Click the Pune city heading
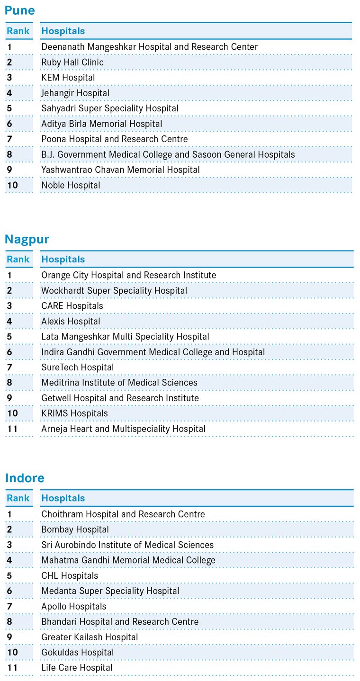click(x=19, y=10)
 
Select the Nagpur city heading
click(x=27, y=239)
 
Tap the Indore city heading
click(x=25, y=478)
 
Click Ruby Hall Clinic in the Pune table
click(x=72, y=63)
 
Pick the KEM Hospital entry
click(x=68, y=78)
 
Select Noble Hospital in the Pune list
click(x=71, y=185)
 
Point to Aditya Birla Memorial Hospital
click(x=101, y=124)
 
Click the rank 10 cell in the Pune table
click(x=12, y=185)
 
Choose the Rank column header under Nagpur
click(x=18, y=260)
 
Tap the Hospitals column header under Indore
click(x=63, y=498)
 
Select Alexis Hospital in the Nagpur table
click(x=71, y=321)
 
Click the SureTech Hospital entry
click(x=77, y=367)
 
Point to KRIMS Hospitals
click(x=74, y=413)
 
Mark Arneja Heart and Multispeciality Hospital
click(x=123, y=429)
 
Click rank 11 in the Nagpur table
click(x=12, y=429)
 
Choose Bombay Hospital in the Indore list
click(x=75, y=529)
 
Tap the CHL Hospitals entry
click(x=70, y=576)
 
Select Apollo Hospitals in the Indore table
click(x=73, y=606)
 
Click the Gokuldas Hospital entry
click(x=77, y=652)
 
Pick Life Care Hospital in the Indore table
click(x=78, y=668)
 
